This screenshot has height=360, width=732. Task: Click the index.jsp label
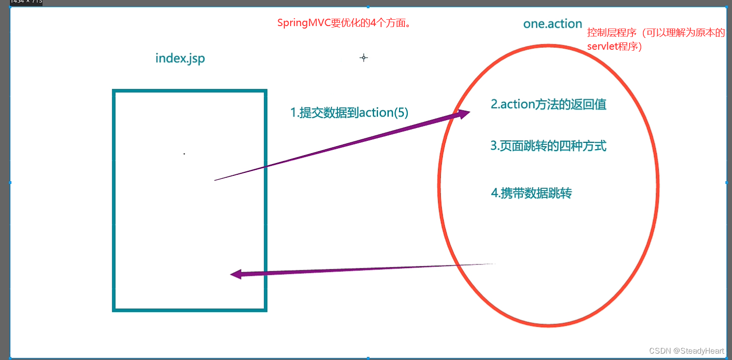(180, 58)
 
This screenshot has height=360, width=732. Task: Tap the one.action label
(553, 24)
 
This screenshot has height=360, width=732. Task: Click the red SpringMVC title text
(344, 23)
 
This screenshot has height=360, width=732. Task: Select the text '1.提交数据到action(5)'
(349, 113)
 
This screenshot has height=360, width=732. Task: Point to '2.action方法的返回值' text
(548, 104)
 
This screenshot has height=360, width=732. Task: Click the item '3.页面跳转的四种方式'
(548, 146)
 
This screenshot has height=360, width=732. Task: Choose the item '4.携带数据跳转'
(531, 193)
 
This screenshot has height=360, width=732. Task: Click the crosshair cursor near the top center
(364, 58)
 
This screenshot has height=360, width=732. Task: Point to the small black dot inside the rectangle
(184, 154)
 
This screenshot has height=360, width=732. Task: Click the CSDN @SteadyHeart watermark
(686, 351)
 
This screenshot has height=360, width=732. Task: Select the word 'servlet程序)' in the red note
(614, 47)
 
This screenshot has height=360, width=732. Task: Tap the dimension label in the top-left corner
(26, 2)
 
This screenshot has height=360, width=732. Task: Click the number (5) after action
(401, 113)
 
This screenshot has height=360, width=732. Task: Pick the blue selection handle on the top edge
(368, 7)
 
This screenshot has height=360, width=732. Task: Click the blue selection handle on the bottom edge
(368, 358)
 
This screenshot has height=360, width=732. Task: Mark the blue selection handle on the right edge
(727, 182)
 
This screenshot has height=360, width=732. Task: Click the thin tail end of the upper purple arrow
(215, 180)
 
